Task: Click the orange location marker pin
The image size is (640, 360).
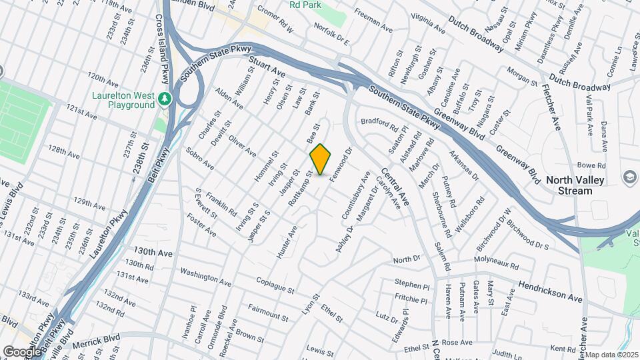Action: point(321,159)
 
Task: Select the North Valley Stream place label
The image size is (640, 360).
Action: point(569,185)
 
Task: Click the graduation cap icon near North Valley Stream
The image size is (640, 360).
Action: point(629,177)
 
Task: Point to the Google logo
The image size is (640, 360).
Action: point(21,351)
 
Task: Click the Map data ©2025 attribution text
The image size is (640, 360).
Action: point(611,355)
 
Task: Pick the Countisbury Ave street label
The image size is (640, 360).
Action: point(355,196)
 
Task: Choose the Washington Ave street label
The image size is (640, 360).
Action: point(205,275)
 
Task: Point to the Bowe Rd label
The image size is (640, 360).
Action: point(591,165)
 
